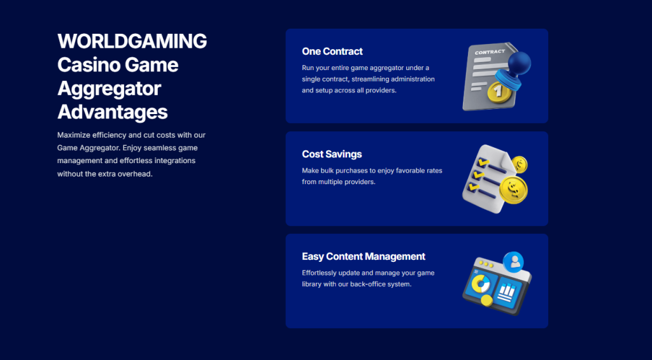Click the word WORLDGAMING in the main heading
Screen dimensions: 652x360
click(x=132, y=41)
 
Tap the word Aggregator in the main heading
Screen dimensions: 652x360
click(x=109, y=89)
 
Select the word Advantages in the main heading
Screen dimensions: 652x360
click(x=113, y=112)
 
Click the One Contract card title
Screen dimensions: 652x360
click(x=332, y=51)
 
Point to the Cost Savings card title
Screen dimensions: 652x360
click(x=332, y=154)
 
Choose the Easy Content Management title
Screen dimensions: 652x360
click(x=364, y=256)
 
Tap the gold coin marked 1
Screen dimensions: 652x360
click(x=499, y=91)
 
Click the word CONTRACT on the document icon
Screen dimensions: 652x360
click(x=490, y=52)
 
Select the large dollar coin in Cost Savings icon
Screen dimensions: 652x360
click(x=514, y=190)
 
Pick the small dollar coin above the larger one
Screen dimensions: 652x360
click(x=520, y=164)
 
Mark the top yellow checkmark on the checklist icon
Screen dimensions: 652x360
click(x=483, y=161)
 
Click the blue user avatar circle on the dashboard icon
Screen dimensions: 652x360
click(x=513, y=262)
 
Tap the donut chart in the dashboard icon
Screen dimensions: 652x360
click(x=481, y=284)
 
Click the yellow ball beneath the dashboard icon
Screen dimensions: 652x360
click(x=486, y=300)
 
